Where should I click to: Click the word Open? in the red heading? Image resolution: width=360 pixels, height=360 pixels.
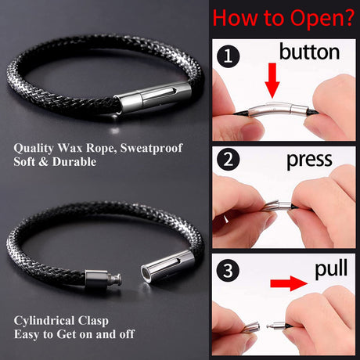(x=322, y=18)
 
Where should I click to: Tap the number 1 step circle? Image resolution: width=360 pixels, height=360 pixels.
(x=228, y=56)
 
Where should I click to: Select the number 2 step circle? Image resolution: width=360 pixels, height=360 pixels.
(x=228, y=160)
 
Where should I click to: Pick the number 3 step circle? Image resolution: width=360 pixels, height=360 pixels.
(x=228, y=271)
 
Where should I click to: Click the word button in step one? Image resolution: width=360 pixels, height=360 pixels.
(x=309, y=52)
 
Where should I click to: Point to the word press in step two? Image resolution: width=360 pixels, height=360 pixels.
(x=309, y=160)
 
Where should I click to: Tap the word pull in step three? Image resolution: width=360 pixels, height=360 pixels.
(x=331, y=269)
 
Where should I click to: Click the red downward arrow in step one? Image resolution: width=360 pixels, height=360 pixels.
(x=272, y=81)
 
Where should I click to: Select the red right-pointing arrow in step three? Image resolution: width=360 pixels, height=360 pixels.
(x=289, y=283)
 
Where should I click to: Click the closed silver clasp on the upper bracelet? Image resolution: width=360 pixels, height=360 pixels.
(x=153, y=97)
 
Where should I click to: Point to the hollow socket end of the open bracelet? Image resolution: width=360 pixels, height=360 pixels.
(x=166, y=266)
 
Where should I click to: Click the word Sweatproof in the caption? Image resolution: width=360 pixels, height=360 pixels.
(x=151, y=149)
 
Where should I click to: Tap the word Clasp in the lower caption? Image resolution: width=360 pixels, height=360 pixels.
(x=93, y=321)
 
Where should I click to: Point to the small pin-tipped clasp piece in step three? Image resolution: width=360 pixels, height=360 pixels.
(x=275, y=326)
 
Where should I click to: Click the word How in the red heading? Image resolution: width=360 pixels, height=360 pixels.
(x=234, y=18)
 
